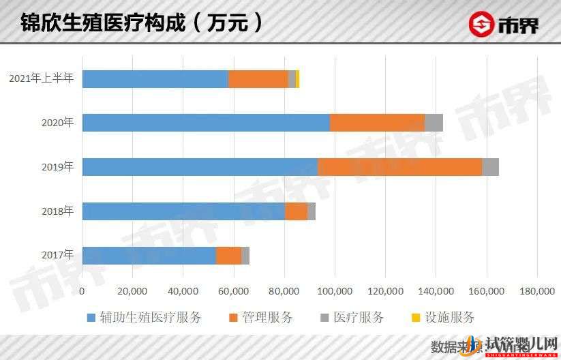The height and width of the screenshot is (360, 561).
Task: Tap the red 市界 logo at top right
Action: click(x=504, y=25)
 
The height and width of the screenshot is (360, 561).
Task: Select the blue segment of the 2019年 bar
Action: click(x=200, y=167)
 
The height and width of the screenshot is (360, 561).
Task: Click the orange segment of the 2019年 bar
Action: click(x=399, y=167)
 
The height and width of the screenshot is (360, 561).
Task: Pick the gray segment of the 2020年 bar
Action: click(x=434, y=123)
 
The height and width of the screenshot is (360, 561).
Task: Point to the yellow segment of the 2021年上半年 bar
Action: click(x=297, y=78)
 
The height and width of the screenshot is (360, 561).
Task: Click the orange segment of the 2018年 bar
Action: click(x=296, y=211)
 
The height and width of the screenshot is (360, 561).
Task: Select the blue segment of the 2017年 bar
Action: click(x=149, y=256)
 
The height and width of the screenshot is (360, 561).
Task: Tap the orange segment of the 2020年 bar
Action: click(x=377, y=123)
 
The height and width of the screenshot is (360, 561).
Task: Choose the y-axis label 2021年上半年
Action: click(x=40, y=78)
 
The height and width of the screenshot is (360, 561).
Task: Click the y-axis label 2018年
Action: click(x=57, y=211)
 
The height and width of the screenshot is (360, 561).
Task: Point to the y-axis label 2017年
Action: click(x=57, y=256)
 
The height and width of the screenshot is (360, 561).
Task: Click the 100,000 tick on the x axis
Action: click(x=335, y=291)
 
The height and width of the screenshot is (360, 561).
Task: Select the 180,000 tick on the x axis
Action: click(x=537, y=291)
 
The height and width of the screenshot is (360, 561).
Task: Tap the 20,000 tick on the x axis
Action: click(x=132, y=291)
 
